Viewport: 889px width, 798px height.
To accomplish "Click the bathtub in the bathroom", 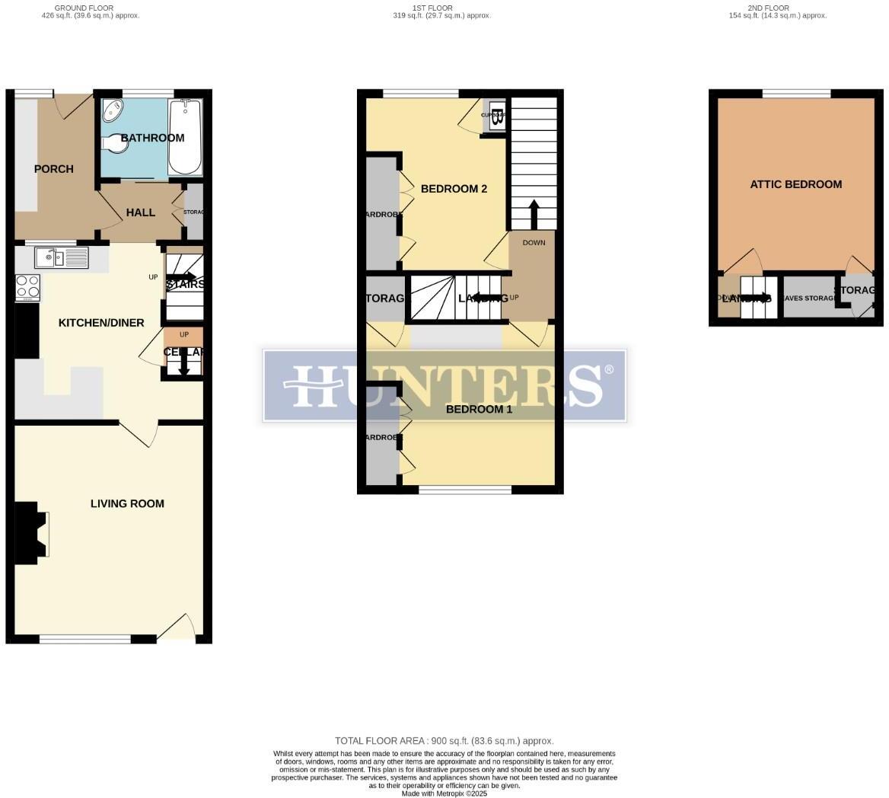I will click(185, 137).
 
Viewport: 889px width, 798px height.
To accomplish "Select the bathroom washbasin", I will click(113, 110).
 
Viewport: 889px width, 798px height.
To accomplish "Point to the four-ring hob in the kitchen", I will click(28, 286).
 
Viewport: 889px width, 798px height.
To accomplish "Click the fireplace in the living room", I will click(34, 533).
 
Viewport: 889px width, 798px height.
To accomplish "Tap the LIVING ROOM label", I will click(127, 503).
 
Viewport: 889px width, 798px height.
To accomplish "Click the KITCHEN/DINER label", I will click(101, 323).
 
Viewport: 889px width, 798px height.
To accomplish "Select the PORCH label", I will click(54, 169).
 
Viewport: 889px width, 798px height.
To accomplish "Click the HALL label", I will click(141, 212).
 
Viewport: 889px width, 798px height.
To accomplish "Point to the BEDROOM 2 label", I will click(454, 189).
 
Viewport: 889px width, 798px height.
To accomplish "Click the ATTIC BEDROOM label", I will click(795, 184).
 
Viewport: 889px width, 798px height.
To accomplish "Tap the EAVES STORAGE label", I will click(809, 298).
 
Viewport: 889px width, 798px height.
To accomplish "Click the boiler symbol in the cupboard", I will click(498, 117).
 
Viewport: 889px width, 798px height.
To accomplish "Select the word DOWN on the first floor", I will click(534, 243).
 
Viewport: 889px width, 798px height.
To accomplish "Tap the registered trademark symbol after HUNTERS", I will click(608, 370).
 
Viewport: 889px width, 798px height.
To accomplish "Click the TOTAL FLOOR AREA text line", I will click(444, 741).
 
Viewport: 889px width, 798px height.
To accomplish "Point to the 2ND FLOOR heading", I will click(768, 8).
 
